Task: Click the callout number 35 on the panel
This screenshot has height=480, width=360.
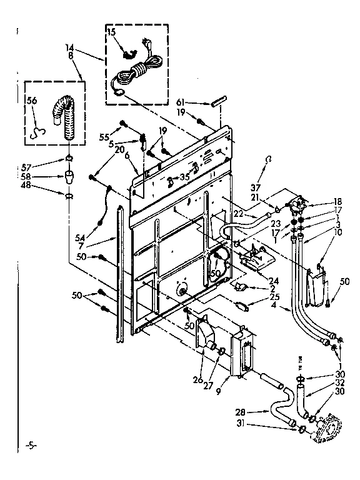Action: coord(184,177)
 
